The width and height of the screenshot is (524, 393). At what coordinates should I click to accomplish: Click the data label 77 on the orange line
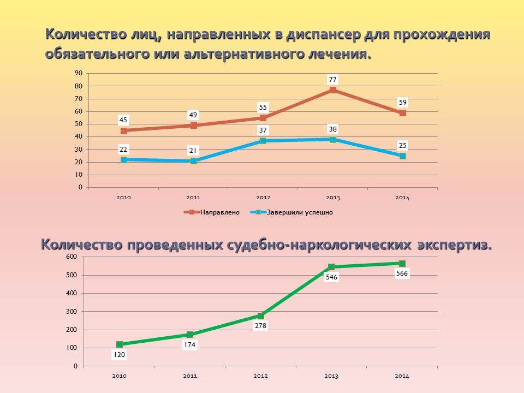[x=332, y=79]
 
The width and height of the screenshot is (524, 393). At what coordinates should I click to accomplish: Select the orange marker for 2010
[x=124, y=130]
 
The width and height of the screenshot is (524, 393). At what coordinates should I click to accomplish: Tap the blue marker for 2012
[x=263, y=141]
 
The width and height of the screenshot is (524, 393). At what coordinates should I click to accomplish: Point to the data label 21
[x=193, y=150]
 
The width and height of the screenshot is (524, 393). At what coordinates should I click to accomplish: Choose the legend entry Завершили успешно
[x=300, y=212]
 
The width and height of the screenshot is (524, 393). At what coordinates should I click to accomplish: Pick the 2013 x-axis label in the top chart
[x=332, y=198]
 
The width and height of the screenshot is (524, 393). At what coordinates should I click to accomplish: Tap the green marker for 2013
[x=331, y=267]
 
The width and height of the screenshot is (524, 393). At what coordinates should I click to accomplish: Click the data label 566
[x=402, y=273]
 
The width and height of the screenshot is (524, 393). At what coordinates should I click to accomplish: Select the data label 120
[x=119, y=354]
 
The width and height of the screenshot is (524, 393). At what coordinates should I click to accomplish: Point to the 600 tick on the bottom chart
[x=72, y=257]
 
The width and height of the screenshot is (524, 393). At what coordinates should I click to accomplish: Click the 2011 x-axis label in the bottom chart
[x=189, y=376]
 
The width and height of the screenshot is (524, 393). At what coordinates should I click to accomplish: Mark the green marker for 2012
[x=261, y=315]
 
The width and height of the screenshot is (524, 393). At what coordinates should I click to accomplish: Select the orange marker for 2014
[x=402, y=113]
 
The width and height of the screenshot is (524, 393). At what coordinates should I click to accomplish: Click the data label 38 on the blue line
[x=332, y=129]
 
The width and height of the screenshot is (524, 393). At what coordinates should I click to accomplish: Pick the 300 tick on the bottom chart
[x=72, y=311]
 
